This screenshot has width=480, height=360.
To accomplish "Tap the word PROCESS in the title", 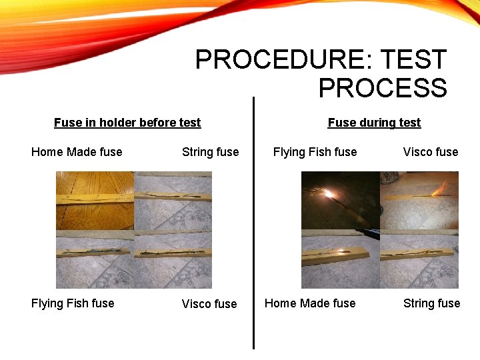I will coord(383,88).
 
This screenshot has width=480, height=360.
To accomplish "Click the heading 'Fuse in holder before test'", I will coord(127,123).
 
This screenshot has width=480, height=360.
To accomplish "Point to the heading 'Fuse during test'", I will coord(374,123).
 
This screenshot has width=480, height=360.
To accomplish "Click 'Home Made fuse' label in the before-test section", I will coord(77,152).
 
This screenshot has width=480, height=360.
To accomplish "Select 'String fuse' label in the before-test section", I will coord(210,152).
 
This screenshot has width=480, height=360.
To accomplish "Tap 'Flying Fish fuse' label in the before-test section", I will coord(73,303).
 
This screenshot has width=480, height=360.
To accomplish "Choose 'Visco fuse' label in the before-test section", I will coord(209,304).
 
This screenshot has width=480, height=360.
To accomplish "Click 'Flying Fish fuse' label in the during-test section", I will coord(315,152).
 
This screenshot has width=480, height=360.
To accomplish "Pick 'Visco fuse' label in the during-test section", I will coord(430,152).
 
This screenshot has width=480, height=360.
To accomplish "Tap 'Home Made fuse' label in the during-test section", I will coord(310,303).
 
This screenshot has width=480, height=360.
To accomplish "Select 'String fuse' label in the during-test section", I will coord(431,303).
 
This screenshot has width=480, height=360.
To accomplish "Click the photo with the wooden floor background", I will coord(95,200).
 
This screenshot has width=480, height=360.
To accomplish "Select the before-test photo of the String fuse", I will coord(173,200).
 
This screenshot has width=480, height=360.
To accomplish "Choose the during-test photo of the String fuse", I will coord(419,259).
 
